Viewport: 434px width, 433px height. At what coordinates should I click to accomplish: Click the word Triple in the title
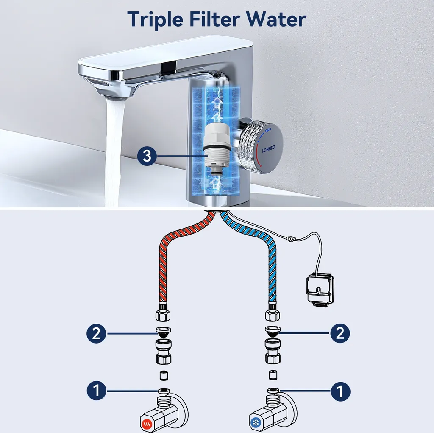[155, 20]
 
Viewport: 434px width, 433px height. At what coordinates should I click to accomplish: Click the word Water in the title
[276, 19]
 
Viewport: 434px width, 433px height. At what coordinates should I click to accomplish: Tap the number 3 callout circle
[147, 156]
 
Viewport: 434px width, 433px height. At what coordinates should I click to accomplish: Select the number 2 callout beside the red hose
[96, 333]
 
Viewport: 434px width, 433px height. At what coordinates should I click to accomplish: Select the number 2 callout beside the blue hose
[340, 333]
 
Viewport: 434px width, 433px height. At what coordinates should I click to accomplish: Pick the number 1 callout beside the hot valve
[97, 391]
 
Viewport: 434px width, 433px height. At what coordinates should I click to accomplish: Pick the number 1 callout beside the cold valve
[340, 391]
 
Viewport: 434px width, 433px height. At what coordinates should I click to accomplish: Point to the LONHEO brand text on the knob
[268, 149]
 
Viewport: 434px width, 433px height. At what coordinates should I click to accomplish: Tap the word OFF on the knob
[268, 130]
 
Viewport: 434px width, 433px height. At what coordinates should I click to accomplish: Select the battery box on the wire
[320, 290]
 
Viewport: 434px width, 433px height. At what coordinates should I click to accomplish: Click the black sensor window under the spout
[169, 66]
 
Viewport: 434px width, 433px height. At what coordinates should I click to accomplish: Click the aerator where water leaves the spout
[114, 97]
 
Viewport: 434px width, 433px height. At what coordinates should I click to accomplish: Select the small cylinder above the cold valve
[273, 374]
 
